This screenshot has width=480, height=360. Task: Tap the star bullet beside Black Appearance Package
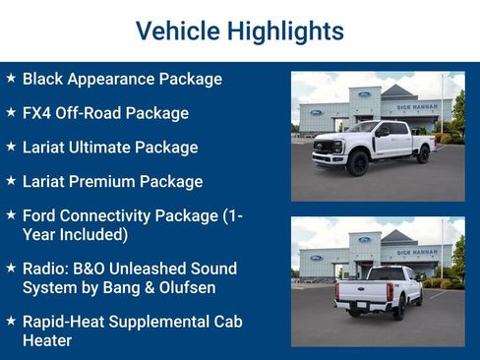click(x=11, y=78)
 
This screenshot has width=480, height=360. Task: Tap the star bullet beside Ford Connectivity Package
click(x=11, y=215)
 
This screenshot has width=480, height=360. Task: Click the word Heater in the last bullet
click(x=48, y=341)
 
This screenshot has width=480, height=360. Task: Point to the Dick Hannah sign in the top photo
click(x=417, y=106)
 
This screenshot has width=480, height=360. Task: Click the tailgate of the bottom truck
click(x=364, y=292)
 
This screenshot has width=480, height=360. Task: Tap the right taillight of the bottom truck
click(x=390, y=292)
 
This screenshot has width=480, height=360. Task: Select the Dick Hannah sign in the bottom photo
click(x=417, y=252)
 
